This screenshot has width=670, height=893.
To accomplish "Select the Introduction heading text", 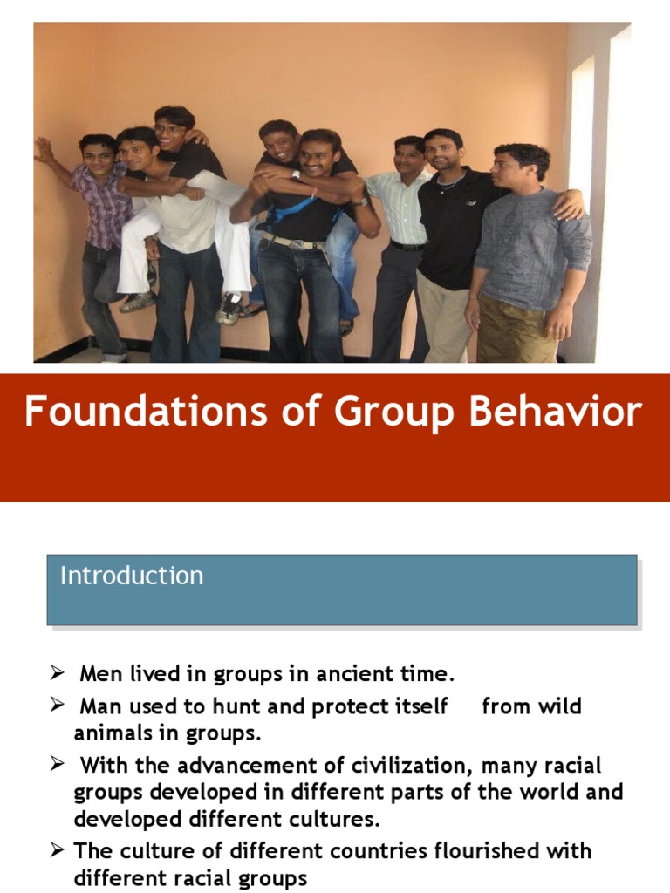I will coord(132,576).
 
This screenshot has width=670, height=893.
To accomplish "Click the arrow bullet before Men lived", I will coord(57,674).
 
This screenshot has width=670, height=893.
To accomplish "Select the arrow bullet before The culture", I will coord(57,850).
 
